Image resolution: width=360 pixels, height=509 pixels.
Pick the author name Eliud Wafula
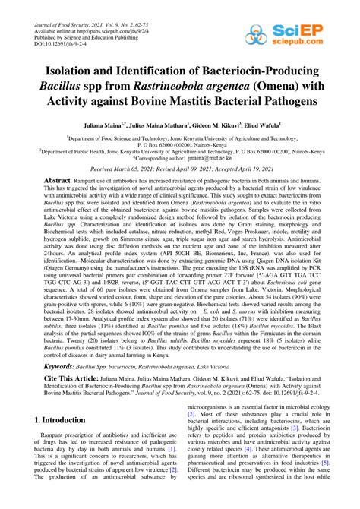click(257, 122)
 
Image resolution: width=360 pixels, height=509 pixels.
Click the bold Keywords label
click(50, 387)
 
